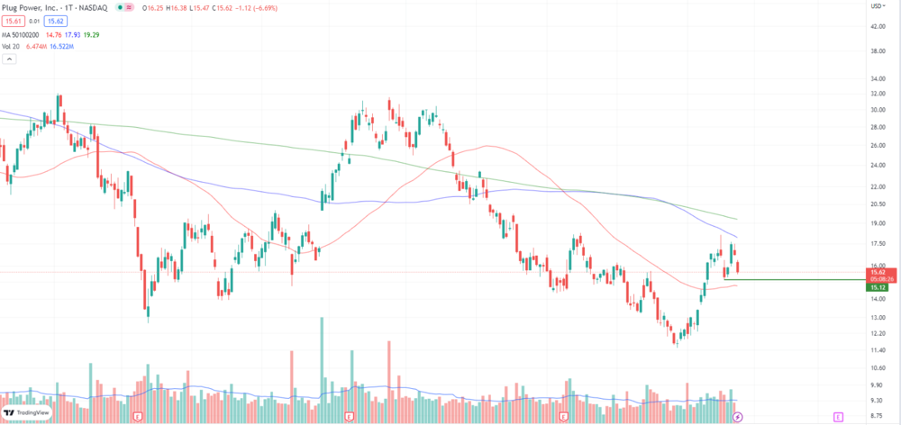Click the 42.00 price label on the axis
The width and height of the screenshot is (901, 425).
tap(876, 26)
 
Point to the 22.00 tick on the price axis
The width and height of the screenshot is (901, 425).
tap(876, 185)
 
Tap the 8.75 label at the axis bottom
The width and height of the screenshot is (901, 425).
tap(876, 416)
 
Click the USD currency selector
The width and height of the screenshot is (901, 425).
tap(876, 6)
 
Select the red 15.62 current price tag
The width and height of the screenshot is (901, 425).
tap(878, 271)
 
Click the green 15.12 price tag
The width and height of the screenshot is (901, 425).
tap(878, 288)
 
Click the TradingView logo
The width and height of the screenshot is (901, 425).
tap(27, 411)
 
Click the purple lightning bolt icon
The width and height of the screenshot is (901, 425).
tap(738, 416)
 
